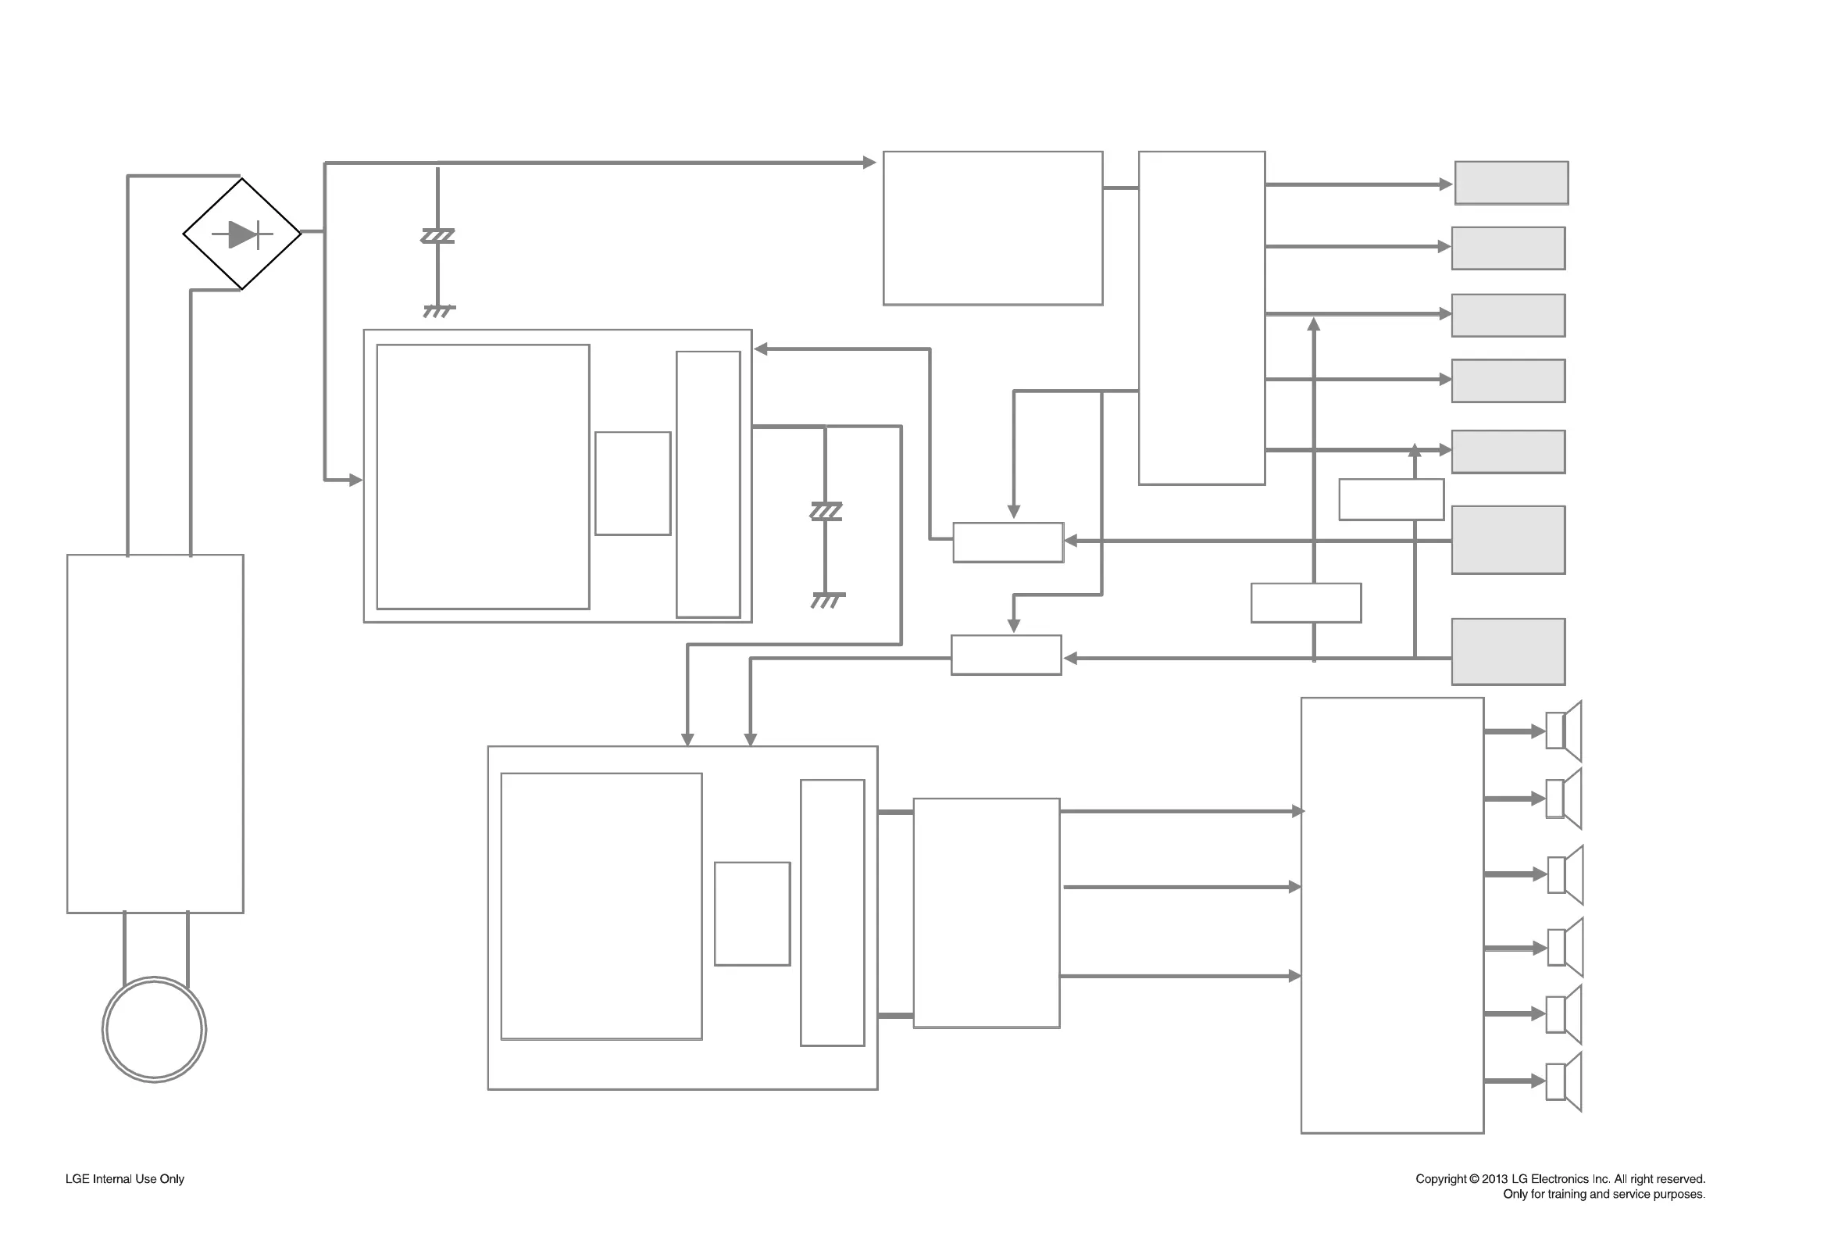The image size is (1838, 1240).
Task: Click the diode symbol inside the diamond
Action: (243, 234)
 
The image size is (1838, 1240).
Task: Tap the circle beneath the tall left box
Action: (154, 1029)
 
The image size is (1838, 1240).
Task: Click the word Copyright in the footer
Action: (1440, 1178)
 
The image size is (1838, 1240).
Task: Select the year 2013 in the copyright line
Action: (1495, 1178)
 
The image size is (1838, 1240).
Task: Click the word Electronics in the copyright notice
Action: (1557, 1178)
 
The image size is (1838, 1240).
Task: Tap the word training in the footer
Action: (1566, 1193)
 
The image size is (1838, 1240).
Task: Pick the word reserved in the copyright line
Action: (1680, 1178)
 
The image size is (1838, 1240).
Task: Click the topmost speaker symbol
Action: (1563, 731)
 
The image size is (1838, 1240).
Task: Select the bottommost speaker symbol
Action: (1563, 1081)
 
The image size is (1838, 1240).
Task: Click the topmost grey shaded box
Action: (1511, 183)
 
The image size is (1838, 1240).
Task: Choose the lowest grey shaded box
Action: (1508, 652)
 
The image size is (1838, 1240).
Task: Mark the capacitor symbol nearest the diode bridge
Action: (438, 236)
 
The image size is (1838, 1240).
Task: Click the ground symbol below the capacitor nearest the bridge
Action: (439, 310)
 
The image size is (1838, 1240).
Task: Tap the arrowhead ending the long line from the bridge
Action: (869, 162)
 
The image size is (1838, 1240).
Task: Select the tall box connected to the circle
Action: (155, 733)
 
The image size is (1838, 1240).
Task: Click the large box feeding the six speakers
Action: (1391, 915)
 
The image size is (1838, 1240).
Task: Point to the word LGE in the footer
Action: (77, 1178)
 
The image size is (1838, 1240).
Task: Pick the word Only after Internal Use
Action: (172, 1178)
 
